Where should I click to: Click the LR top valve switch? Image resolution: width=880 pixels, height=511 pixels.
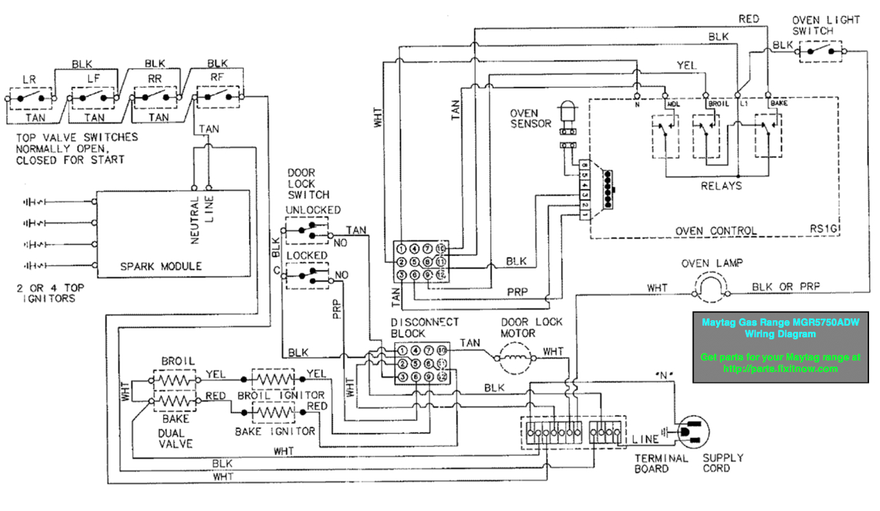(29, 98)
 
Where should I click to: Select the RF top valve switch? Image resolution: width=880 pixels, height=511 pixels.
(218, 98)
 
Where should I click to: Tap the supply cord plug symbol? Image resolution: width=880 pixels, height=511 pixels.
(694, 433)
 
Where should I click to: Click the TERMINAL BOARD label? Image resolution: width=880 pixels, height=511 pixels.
(661, 463)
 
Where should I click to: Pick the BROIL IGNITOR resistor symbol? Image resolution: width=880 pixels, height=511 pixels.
(274, 378)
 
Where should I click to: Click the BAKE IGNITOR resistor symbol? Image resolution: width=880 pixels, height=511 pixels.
(274, 413)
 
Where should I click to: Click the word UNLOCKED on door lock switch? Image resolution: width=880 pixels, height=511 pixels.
(313, 209)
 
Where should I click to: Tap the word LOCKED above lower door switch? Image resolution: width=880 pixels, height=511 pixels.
(307, 255)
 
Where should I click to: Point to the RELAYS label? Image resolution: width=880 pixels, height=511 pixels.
(721, 185)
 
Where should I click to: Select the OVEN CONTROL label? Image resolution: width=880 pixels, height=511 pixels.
(716, 231)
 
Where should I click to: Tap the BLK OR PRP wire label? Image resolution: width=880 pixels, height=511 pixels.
(786, 286)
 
